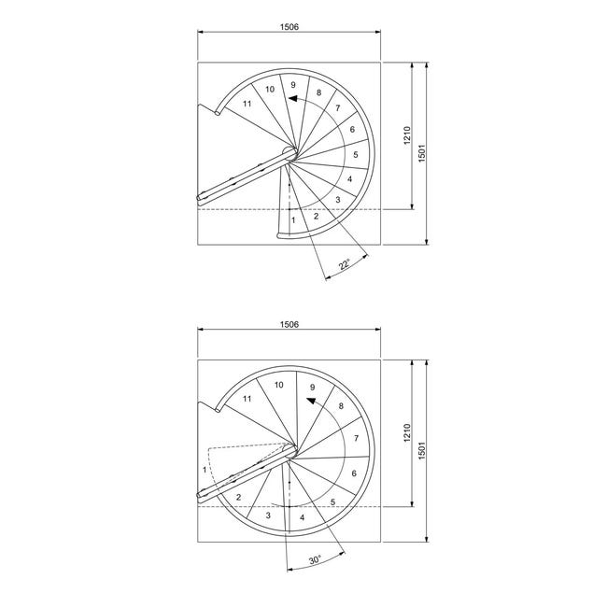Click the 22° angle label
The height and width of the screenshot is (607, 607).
click(345, 264)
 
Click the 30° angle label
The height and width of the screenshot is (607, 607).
click(315, 559)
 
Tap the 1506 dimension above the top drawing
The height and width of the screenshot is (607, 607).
click(289, 27)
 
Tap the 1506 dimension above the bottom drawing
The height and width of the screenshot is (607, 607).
click(289, 324)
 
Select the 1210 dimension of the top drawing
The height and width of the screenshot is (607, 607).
click(407, 135)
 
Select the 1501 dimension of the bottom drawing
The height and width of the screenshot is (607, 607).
click(422, 450)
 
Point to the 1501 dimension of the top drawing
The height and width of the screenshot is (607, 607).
click(422, 153)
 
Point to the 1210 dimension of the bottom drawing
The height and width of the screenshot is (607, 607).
click(407, 432)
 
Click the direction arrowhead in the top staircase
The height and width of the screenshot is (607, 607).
click(293, 98)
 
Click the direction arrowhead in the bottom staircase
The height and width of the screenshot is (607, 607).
click(311, 401)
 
